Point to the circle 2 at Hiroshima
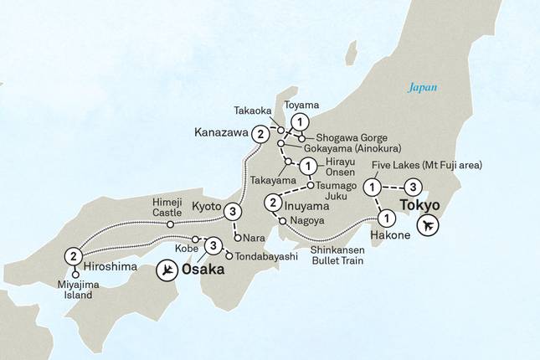coord(75,256)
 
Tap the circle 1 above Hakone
coord(386,219)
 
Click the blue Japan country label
coord(423,86)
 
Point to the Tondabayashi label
coord(267,255)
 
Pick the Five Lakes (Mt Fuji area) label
coord(428,166)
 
